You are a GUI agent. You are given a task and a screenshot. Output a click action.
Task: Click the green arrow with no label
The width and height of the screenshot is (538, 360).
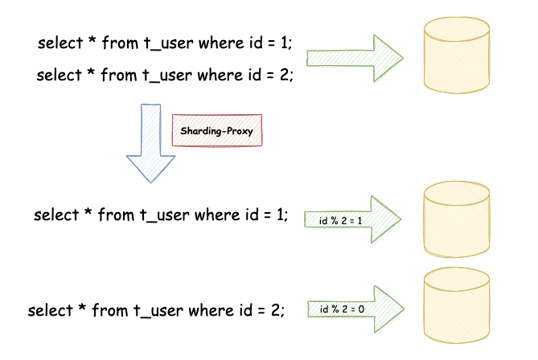point(354,58)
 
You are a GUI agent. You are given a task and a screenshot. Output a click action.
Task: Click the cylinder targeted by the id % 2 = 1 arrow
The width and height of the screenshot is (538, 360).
point(456,219)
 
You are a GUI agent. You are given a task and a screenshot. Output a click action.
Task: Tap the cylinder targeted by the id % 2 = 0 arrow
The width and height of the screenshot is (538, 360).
point(456,309)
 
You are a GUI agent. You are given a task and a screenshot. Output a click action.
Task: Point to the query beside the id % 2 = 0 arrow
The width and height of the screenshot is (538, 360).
point(156,310)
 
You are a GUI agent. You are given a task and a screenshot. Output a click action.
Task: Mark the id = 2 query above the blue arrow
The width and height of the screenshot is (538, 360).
point(165,76)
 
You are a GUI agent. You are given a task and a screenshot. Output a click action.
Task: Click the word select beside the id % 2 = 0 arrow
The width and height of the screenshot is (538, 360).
point(50,310)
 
